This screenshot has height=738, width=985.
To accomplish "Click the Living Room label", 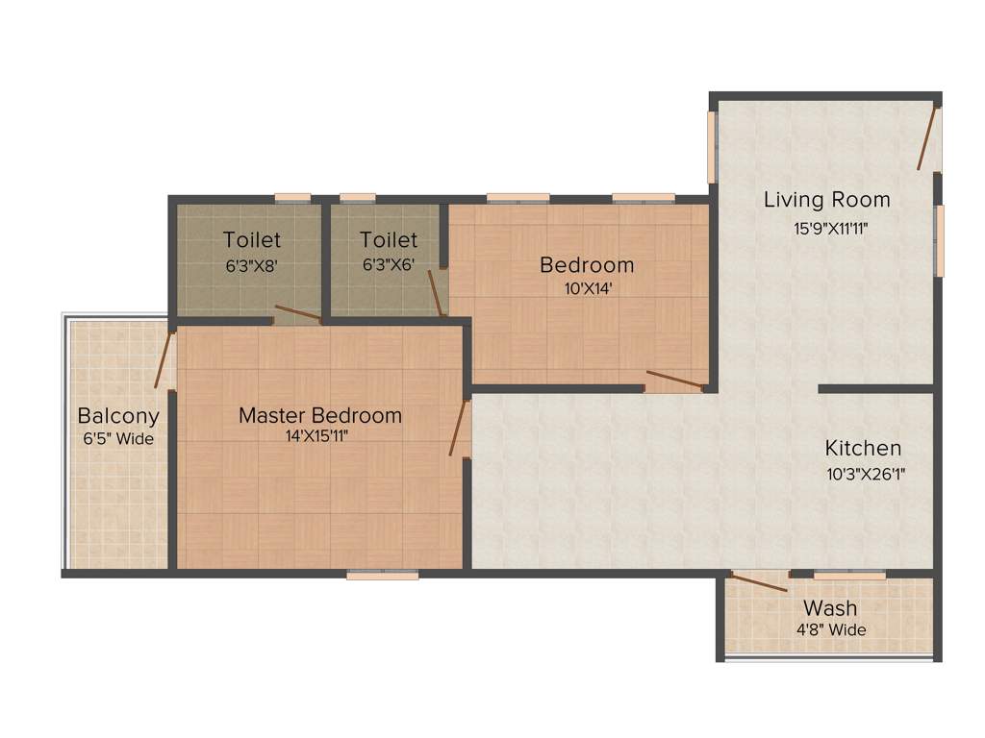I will coord(826,200).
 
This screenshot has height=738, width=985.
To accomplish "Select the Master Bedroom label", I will coord(319,415).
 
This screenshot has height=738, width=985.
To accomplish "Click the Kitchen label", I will coord(863,448).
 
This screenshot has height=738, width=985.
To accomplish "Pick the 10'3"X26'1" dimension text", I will coord(865,473).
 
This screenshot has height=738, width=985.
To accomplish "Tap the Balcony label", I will coord(118,416).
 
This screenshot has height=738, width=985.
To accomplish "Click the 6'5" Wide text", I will coord(118,439).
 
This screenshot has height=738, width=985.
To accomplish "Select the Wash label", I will coord(829,607).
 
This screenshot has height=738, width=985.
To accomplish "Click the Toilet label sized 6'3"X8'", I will coord(252,239).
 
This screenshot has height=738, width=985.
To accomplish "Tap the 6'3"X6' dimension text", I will coord(389,264).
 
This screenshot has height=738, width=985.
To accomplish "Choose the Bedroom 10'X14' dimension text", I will coord(586,286).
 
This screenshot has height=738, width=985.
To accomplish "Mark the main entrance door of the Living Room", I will coord(927,138).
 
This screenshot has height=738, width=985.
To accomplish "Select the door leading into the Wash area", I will coord(759,580).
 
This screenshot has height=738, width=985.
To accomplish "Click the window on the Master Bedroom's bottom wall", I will coord(383,575).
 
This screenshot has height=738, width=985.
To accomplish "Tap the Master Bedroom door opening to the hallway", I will coord(458,428).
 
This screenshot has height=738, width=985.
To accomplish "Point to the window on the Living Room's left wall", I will coord(713,147).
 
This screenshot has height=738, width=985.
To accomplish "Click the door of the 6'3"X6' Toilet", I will coord(436,293).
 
